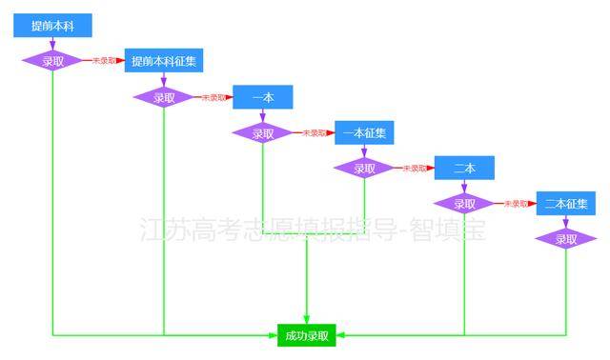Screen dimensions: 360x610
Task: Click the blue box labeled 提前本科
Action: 51,26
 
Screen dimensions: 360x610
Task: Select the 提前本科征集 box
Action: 164,61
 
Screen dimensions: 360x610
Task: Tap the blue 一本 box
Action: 262,97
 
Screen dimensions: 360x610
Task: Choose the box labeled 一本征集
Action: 364,132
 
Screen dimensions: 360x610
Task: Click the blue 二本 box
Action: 464,168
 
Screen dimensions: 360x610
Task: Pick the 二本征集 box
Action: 566,203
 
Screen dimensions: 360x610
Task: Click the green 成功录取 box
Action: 307,335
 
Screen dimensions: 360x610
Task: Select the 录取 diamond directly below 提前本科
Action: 52,61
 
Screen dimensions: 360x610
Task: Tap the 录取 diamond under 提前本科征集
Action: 164,97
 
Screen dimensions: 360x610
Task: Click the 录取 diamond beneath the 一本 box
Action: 262,133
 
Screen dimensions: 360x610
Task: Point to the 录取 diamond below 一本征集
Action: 364,169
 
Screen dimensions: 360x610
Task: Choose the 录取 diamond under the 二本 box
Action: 464,204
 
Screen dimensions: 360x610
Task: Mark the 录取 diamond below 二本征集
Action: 566,239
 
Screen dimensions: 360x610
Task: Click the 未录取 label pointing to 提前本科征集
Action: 104,61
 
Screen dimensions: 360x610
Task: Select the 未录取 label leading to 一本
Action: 212,97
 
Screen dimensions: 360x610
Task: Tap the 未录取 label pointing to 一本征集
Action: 314,133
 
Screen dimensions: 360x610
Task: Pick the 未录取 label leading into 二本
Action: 414,169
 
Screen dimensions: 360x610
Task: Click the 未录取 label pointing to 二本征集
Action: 515,204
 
